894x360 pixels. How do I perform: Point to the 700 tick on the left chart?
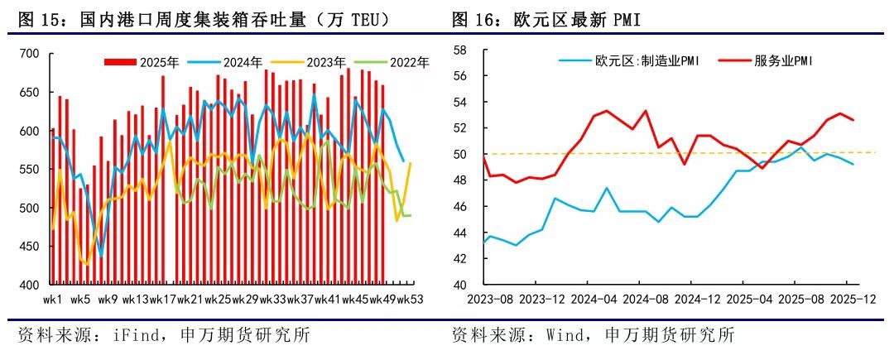coord(29,55)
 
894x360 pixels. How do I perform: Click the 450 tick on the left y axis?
coord(29,246)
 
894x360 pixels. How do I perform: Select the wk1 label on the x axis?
coord(53,299)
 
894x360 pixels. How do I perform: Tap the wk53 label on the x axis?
coord(411,299)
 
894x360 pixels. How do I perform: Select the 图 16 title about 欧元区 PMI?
coord(546,18)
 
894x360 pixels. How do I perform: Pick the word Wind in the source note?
coord(565,336)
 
